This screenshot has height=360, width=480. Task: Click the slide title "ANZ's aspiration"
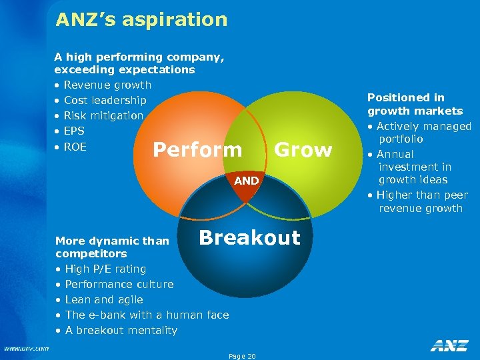click(x=141, y=20)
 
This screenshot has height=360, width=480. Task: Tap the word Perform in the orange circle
click(x=197, y=150)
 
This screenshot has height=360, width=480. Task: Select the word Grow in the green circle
click(x=303, y=150)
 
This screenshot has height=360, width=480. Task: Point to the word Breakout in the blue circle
click(x=249, y=238)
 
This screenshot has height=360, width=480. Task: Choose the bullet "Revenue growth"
click(x=107, y=85)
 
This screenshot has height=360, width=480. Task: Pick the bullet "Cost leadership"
click(x=105, y=101)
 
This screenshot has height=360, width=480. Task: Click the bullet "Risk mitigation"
click(x=103, y=116)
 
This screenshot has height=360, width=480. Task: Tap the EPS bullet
click(x=74, y=131)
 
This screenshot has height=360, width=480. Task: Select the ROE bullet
click(x=75, y=147)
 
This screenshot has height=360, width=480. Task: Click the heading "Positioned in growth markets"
click(x=415, y=104)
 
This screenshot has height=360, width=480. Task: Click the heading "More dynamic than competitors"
click(x=112, y=247)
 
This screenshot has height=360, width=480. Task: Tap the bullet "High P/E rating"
click(x=105, y=269)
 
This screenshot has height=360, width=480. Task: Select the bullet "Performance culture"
click(x=119, y=285)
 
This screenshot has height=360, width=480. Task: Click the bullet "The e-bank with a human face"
click(x=146, y=315)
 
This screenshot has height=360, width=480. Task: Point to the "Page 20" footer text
click(x=242, y=357)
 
